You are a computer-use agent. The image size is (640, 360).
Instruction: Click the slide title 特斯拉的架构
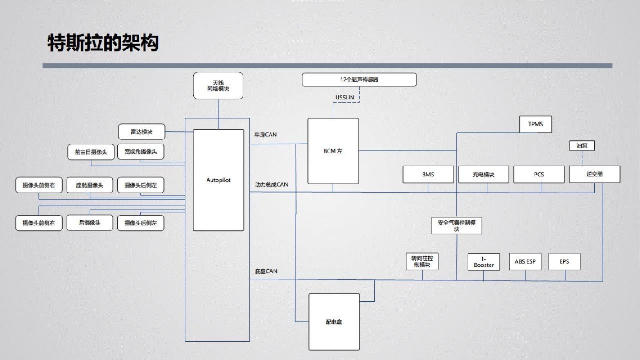click(x=103, y=43)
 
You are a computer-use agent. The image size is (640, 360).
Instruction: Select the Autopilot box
click(x=218, y=180)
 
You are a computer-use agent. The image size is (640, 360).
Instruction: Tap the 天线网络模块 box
click(x=218, y=86)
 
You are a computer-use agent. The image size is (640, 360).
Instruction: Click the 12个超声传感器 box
click(x=359, y=80)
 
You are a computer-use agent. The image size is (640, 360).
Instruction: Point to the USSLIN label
click(x=344, y=97)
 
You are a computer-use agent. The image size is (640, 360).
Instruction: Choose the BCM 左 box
click(x=333, y=151)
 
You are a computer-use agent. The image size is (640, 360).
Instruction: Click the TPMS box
click(x=535, y=124)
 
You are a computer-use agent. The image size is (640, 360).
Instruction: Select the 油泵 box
click(x=582, y=146)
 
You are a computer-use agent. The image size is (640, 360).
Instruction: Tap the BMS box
click(x=428, y=175)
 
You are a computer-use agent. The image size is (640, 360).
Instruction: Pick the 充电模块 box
click(x=483, y=175)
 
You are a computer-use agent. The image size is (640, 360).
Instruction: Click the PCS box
click(x=539, y=175)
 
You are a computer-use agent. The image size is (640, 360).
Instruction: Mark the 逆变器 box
click(x=594, y=174)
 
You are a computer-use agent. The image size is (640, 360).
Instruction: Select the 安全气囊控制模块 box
click(x=456, y=226)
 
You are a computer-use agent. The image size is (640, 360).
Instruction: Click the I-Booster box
click(x=484, y=262)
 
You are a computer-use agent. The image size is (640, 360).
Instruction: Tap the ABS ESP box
click(x=525, y=262)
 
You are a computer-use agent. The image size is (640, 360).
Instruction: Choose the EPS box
click(x=564, y=262)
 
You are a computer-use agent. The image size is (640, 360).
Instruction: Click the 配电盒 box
click(x=334, y=322)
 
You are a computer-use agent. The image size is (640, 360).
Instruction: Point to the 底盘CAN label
click(x=266, y=271)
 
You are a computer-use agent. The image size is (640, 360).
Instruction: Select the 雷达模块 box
click(x=141, y=132)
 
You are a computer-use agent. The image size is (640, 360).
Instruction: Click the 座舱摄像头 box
click(x=90, y=185)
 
